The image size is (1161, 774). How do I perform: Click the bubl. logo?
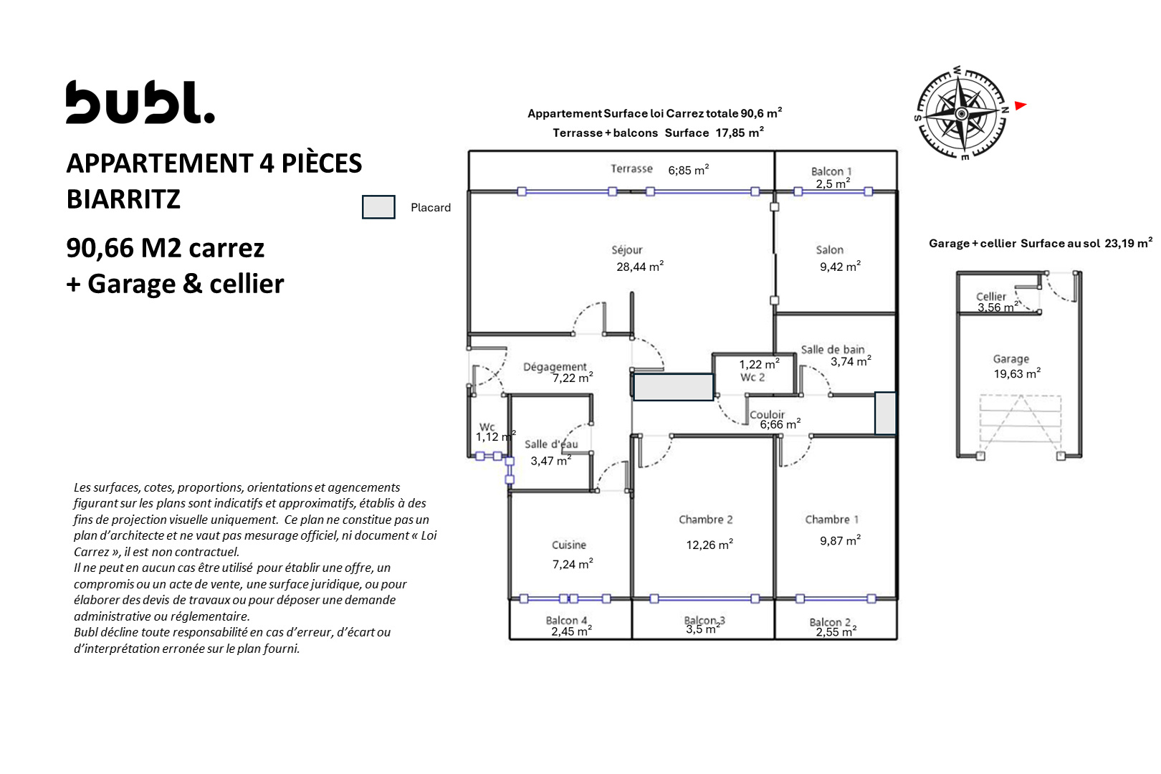tap(140, 102)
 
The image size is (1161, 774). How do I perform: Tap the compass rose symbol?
tap(962, 113)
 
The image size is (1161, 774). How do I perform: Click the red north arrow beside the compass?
tap(1020, 106)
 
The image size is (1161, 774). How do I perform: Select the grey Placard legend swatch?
tap(378, 207)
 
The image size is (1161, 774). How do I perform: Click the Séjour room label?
tap(626, 250)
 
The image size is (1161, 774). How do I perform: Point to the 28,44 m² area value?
tap(640, 267)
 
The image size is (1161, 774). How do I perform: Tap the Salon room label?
tap(829, 250)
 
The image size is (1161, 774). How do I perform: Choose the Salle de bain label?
tap(832, 350)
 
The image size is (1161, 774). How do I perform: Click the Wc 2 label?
tap(752, 378)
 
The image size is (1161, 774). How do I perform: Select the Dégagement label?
tap(555, 367)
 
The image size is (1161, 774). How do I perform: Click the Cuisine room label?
tap(568, 545)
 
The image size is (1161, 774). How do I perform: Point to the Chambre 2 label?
tap(705, 520)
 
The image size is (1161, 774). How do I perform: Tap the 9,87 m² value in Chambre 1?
tap(840, 540)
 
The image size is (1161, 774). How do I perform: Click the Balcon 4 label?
tap(566, 620)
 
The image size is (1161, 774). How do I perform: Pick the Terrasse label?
tap(631, 168)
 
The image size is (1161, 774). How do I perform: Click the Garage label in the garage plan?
tap(1010, 359)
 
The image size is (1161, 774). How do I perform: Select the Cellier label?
tap(990, 297)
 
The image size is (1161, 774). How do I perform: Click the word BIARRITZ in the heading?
tap(123, 199)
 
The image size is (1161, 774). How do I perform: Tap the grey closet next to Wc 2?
tap(673, 387)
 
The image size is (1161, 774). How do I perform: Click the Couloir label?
tap(767, 414)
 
